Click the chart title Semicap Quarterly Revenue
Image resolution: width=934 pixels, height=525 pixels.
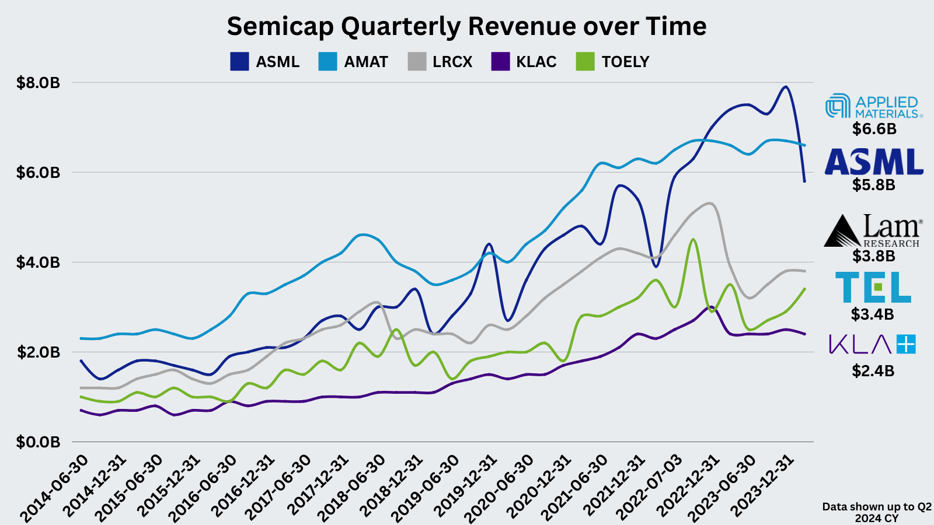click(x=466, y=27)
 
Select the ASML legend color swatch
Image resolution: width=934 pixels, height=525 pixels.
click(x=239, y=62)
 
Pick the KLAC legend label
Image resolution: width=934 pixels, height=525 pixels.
click(x=536, y=62)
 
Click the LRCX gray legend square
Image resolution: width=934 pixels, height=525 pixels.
click(x=417, y=62)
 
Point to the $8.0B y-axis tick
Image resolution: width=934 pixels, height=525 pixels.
click(x=39, y=83)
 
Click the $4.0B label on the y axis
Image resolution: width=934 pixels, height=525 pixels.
click(x=39, y=262)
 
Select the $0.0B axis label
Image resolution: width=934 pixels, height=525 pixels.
click(x=39, y=442)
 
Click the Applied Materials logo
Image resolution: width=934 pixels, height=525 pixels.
click(x=874, y=107)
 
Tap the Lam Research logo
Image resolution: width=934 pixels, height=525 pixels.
click(x=874, y=231)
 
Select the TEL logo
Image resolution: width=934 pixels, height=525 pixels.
click(x=873, y=287)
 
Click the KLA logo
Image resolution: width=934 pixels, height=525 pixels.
click(x=873, y=344)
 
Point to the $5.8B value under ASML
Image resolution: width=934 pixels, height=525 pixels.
click(x=873, y=185)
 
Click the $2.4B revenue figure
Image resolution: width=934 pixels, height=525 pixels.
click(x=873, y=371)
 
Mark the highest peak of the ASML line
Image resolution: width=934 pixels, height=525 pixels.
click(x=786, y=87)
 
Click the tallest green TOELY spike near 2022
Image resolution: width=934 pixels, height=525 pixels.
click(x=692, y=239)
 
